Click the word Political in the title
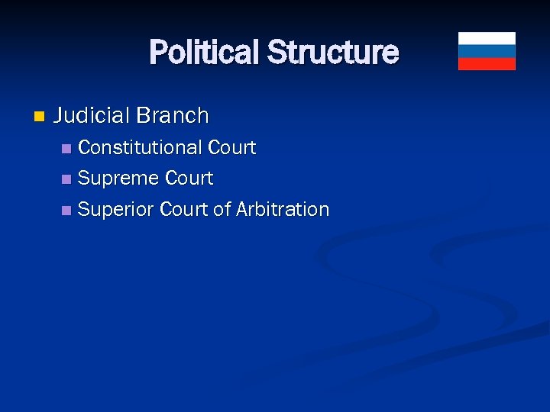tap(204, 53)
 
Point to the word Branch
tap(172, 116)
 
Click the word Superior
tap(116, 210)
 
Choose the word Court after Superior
tap(184, 210)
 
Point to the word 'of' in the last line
tap(222, 210)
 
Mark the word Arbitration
tap(283, 210)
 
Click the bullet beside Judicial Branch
tap(40, 117)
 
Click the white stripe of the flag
tap(487, 38)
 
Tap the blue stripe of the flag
tap(487, 51)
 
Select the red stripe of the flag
tap(487, 63)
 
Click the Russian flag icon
tap(487, 51)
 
